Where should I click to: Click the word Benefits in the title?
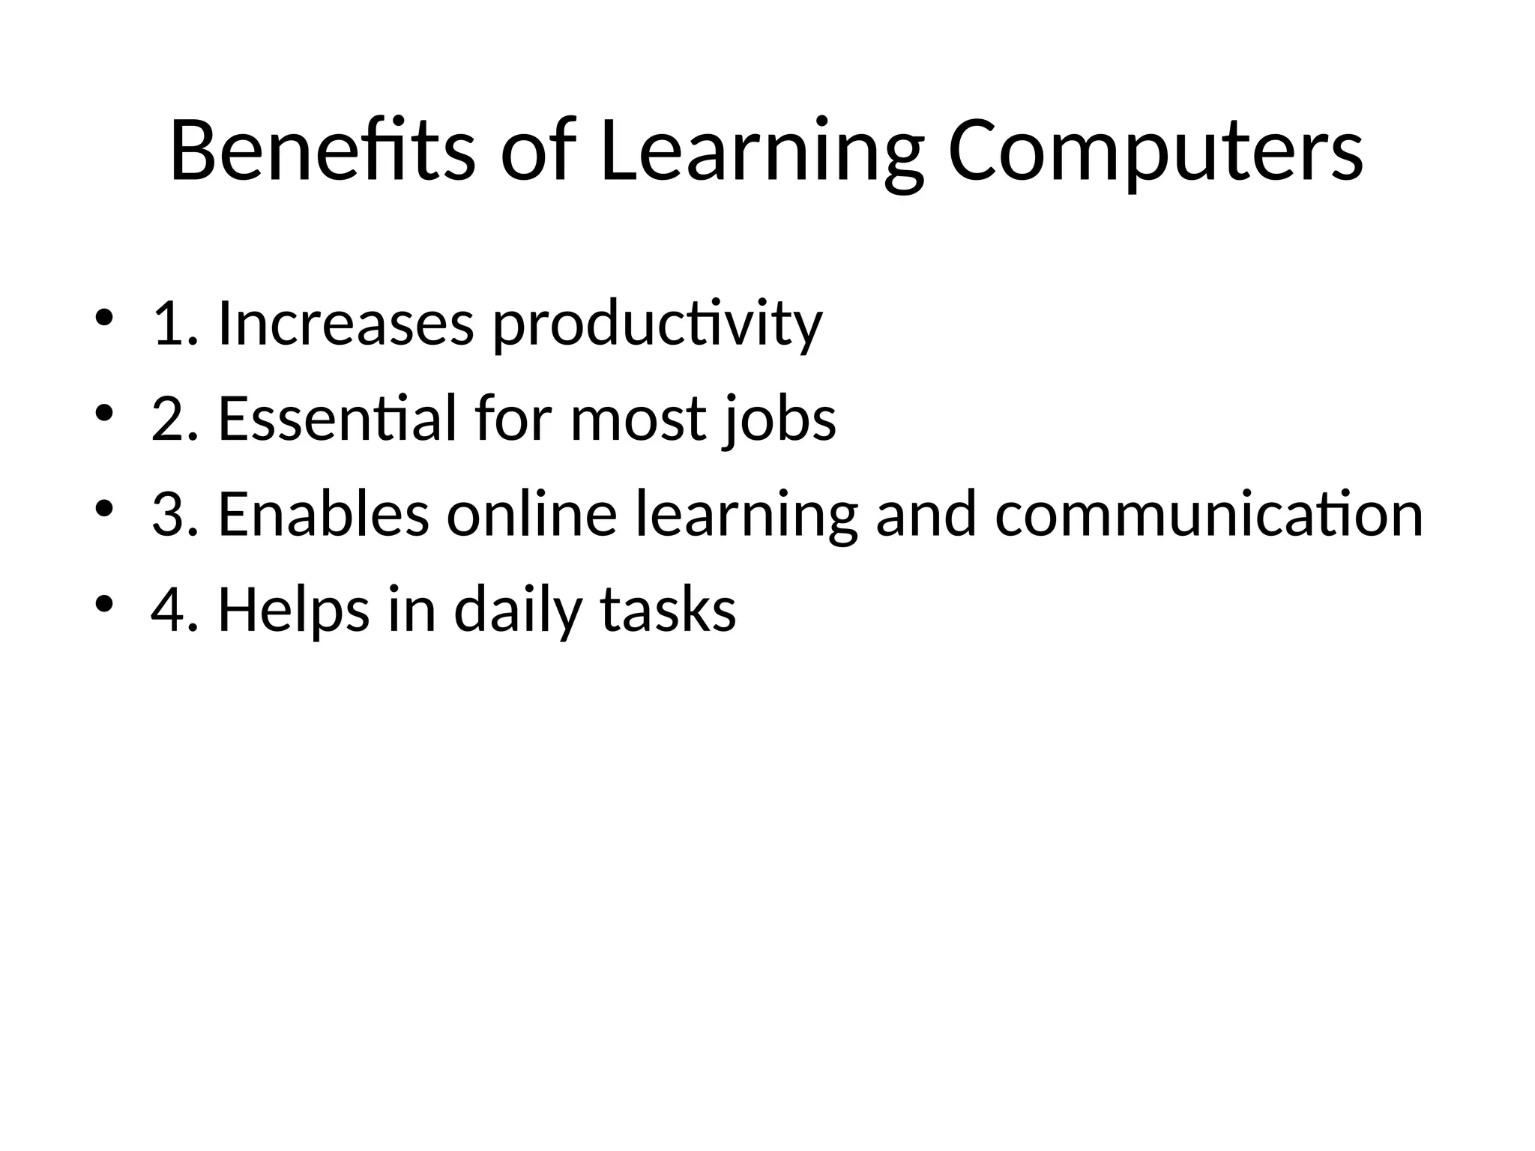coord(322,151)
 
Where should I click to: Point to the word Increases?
coord(346,324)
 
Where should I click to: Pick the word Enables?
coord(324,514)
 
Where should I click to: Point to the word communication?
coord(1209,514)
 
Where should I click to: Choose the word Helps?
coord(294,610)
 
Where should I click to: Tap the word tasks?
coord(668,610)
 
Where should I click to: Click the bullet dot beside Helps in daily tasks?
coord(104,603)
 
